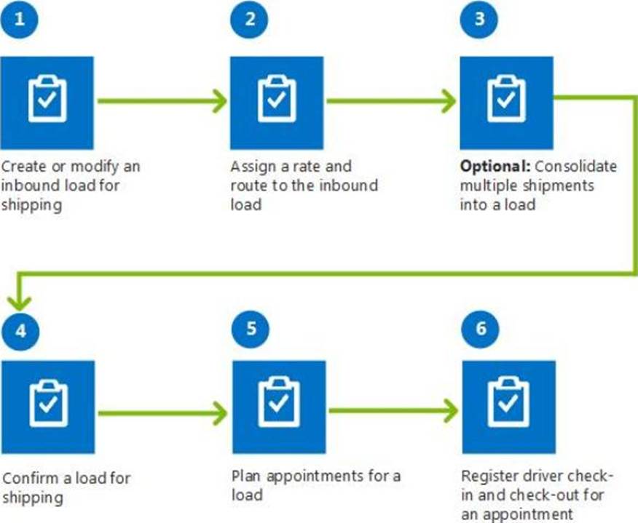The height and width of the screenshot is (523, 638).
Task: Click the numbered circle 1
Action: click(19, 20)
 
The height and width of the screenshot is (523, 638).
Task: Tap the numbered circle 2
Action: click(249, 20)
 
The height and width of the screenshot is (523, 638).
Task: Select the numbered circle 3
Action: click(479, 20)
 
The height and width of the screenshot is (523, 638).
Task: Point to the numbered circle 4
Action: click(20, 331)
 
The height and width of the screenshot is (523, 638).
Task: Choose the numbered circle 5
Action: click(251, 329)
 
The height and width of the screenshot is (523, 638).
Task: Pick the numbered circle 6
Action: click(480, 329)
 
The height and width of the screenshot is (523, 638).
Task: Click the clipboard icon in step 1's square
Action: click(47, 99)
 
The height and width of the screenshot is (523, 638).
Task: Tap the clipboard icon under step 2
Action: click(277, 99)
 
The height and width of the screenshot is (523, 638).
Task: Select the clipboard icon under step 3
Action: click(507, 99)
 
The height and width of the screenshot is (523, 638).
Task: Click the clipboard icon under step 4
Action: click(48, 403)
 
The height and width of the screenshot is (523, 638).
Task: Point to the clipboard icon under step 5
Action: click(279, 402)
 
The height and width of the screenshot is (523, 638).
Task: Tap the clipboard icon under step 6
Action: click(509, 402)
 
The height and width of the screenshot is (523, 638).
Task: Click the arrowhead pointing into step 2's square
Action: click(220, 101)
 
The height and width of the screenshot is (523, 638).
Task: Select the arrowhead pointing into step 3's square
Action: click(449, 101)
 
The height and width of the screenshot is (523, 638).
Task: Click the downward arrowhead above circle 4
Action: click(19, 303)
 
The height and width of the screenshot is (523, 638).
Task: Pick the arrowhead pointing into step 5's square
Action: click(220, 414)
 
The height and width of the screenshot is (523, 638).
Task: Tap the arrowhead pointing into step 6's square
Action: click(450, 411)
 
